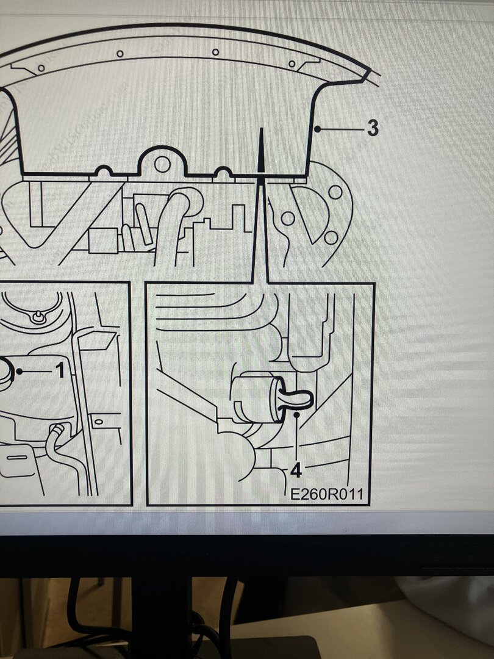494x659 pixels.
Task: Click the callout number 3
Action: tap(373, 128)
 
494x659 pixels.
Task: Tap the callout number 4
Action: tap(296, 471)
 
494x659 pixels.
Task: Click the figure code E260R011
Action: tap(327, 494)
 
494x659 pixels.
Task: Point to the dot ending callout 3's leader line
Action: tap(318, 129)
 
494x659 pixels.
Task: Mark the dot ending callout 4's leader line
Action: tap(296, 414)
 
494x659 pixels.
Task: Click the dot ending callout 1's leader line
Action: tap(20, 372)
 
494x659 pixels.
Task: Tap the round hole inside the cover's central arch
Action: tap(162, 164)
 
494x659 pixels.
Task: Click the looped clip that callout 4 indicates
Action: tap(298, 400)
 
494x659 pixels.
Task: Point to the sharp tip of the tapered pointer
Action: tap(261, 129)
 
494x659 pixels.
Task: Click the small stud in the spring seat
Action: tap(38, 316)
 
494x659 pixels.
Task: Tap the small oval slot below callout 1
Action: tap(99, 421)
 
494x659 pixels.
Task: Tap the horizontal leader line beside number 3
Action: tap(342, 129)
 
